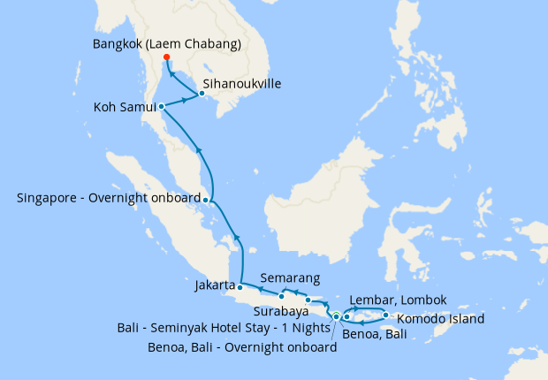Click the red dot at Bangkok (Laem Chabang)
165,57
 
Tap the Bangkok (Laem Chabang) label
166,43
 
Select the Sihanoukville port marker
202,94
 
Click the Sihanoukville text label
245,84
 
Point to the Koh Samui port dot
161,107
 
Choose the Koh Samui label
125,108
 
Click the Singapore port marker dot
206,199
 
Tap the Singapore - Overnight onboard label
109,198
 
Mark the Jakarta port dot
240,287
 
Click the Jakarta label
215,286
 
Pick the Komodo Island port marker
386,315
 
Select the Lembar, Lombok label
399,300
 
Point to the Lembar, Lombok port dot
347,316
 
